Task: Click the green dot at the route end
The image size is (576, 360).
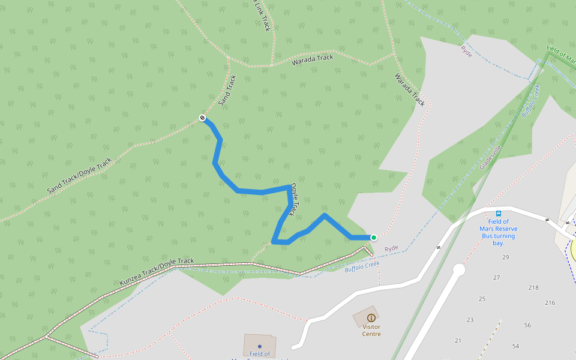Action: point(374,238)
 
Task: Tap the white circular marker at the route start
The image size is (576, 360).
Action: point(203,118)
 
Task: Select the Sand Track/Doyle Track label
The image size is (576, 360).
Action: point(79,176)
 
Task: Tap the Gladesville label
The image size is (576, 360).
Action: point(490,157)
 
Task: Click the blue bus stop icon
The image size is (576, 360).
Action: point(498,214)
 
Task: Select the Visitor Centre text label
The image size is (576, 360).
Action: point(371,331)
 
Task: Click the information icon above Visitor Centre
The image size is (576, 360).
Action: point(371,317)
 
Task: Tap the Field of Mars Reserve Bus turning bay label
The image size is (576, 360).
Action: point(498,232)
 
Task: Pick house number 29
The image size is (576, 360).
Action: point(506,257)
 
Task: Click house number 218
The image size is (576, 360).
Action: point(533,288)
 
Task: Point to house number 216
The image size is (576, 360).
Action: point(550,303)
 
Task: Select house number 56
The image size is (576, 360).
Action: point(527,325)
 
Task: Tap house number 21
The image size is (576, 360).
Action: point(458,341)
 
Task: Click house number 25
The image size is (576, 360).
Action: point(482,299)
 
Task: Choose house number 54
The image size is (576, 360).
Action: point(515,346)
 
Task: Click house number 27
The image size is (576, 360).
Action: point(496,278)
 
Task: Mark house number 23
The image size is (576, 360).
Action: point(470,320)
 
